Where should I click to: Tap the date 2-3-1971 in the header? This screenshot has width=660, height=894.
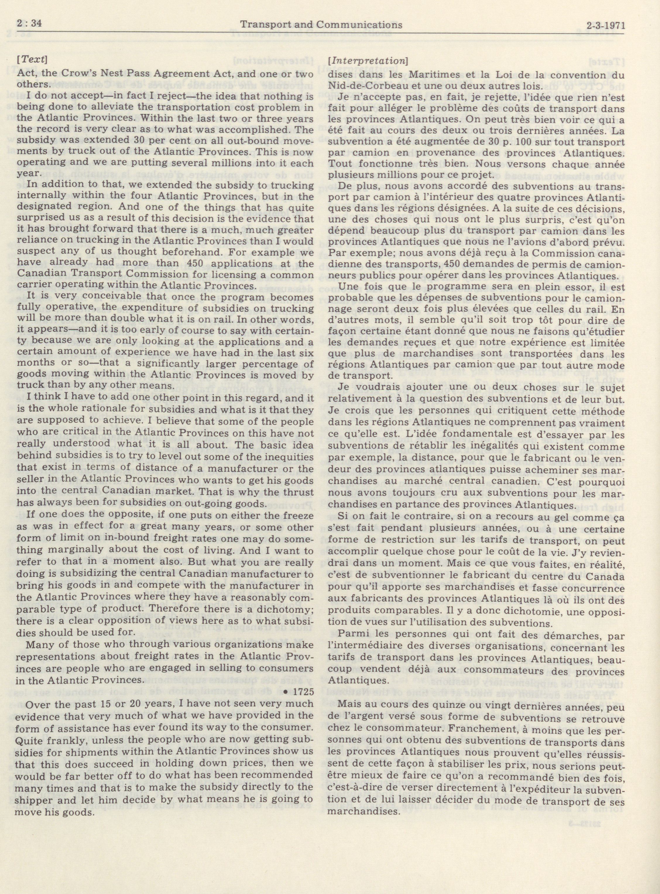point(604,25)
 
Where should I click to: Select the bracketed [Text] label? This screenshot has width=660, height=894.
point(33,59)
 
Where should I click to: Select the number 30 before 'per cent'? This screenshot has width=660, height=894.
point(129,141)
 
